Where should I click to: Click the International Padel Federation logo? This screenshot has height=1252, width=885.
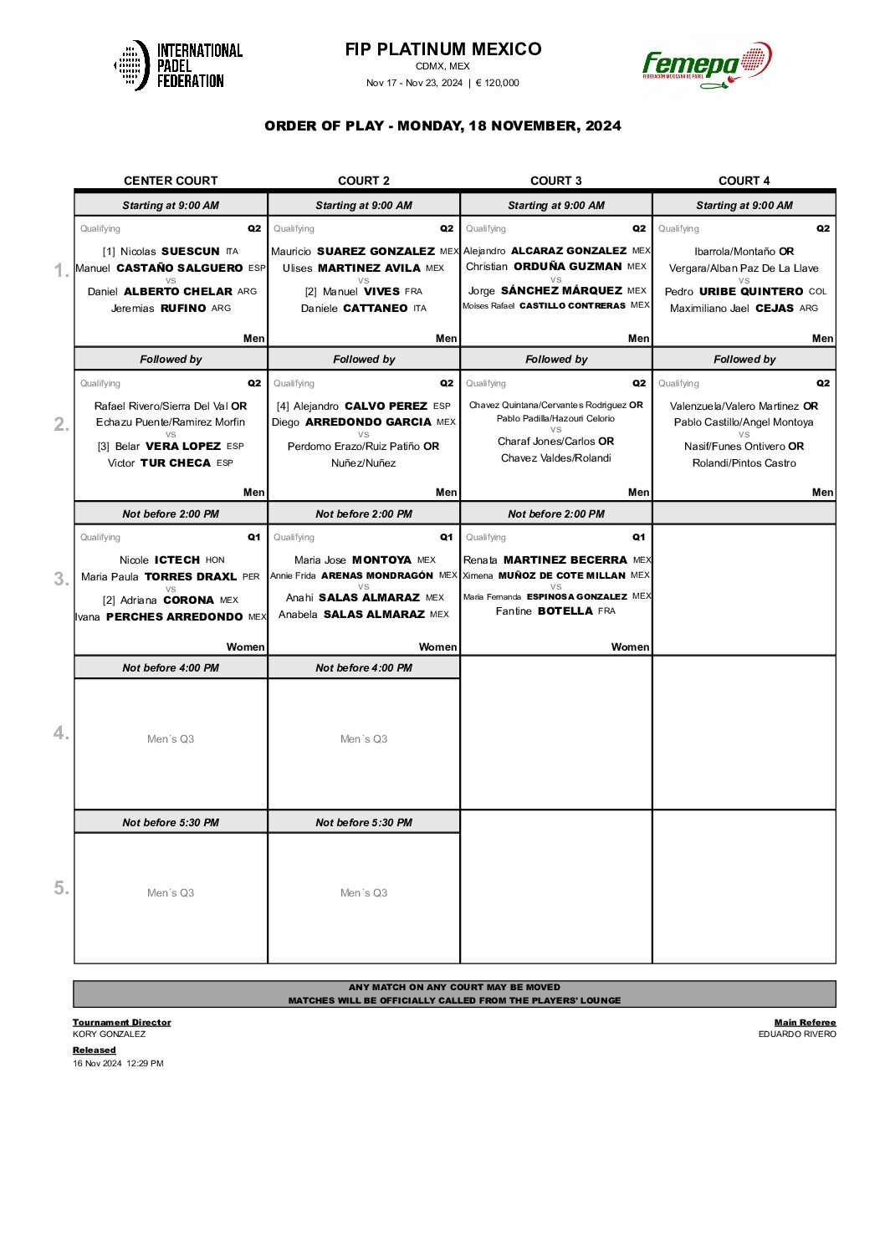tap(178, 65)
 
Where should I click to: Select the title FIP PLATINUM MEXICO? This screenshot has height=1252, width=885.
tap(442, 49)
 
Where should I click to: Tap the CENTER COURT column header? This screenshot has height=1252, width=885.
tap(171, 181)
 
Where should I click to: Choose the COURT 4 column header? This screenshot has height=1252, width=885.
tap(744, 181)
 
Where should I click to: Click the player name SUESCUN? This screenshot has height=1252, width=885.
tap(191, 252)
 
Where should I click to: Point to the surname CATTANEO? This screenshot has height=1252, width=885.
tap(376, 309)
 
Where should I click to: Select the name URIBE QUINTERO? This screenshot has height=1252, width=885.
tap(751, 292)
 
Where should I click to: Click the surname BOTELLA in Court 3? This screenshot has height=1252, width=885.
tap(565, 611)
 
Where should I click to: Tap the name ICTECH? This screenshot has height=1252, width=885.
tap(177, 560)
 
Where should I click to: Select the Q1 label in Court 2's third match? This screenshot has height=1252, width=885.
tap(447, 538)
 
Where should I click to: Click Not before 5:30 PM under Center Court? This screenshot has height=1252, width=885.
tap(171, 823)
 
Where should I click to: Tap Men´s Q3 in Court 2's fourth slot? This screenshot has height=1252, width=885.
tap(364, 739)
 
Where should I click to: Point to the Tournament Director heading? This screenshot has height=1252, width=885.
tap(121, 1022)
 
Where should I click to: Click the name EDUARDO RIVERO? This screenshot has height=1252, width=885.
tap(797, 1035)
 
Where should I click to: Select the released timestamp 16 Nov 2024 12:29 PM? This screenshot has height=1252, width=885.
tap(118, 1064)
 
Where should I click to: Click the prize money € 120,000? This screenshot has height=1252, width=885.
tap(498, 83)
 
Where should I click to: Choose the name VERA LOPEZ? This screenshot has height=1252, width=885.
tap(183, 447)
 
